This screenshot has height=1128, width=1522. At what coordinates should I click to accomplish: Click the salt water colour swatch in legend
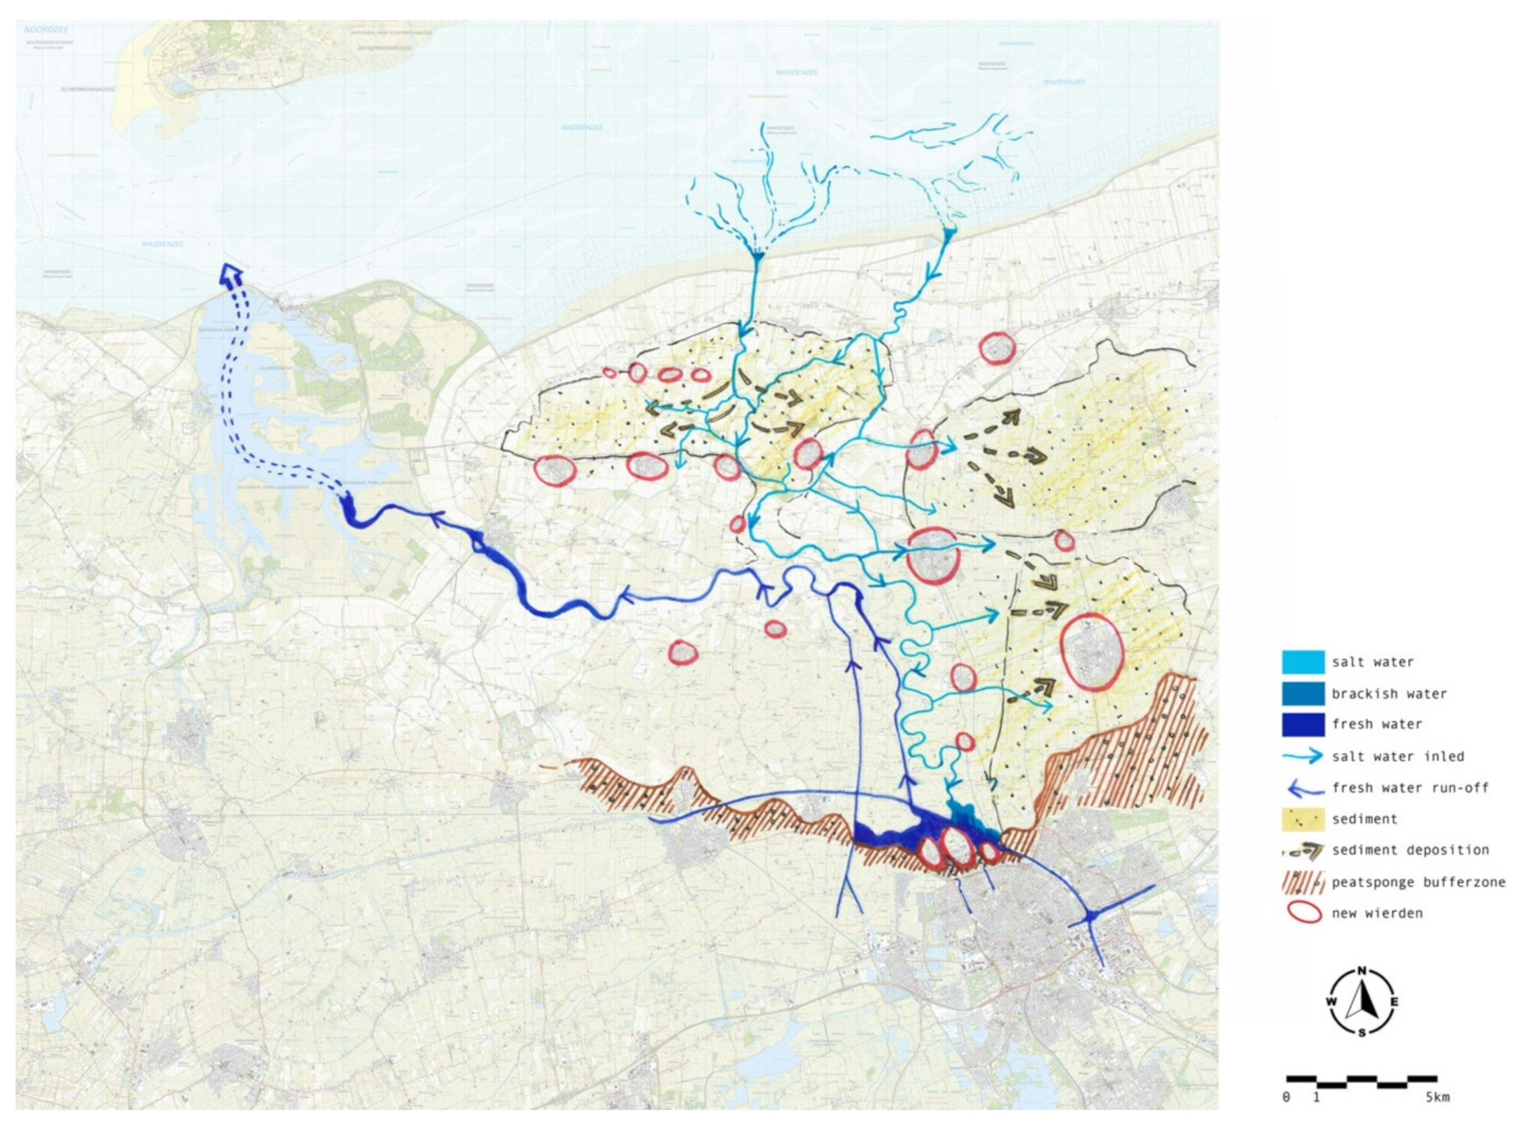(1303, 662)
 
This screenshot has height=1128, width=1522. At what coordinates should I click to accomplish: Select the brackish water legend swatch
(1303, 694)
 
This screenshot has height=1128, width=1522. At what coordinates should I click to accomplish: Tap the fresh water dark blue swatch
(1303, 724)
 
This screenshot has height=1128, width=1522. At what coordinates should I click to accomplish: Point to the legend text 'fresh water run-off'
(1410, 788)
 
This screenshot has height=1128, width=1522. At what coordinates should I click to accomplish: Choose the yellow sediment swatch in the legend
(1303, 819)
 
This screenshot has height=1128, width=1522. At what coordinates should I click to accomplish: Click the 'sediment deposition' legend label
(1410, 850)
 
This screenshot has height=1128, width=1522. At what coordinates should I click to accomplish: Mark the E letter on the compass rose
(1394, 1002)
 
